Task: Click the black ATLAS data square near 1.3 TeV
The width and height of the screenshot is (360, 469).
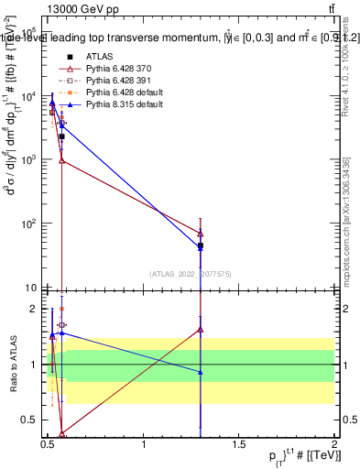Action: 201,246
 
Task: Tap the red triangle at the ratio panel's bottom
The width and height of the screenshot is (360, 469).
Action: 61,435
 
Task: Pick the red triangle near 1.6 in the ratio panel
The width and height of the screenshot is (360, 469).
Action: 201,329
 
